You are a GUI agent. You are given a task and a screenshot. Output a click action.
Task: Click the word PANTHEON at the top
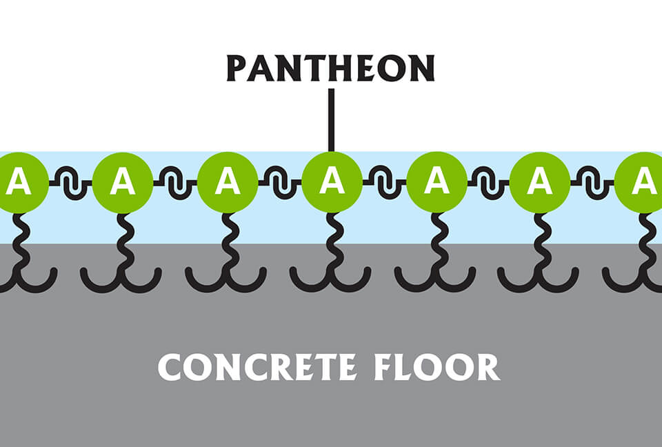tap(330, 68)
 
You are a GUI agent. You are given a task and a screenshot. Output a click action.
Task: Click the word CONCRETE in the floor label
tap(257, 367)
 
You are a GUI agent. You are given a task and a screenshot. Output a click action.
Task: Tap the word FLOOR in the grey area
tap(437, 367)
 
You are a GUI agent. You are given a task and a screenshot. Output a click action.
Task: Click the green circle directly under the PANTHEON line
tap(332, 182)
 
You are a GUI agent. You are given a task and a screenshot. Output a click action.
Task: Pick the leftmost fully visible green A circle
tap(122, 182)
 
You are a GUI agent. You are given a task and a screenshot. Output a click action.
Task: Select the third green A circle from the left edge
tap(227, 182)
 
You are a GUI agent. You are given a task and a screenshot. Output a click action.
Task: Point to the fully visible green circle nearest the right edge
tap(540, 182)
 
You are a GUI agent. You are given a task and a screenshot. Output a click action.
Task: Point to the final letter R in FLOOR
tap(488, 367)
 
